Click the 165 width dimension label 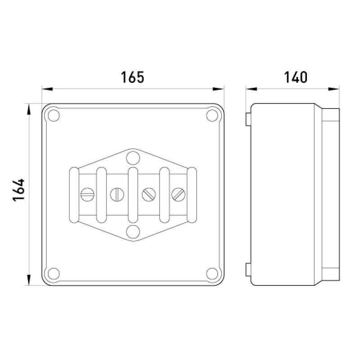tap(133, 77)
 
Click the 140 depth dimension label tap(296, 77)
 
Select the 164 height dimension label tap(18, 190)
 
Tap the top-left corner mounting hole tap(54, 116)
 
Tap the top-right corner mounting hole tap(212, 116)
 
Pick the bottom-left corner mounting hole tap(54, 274)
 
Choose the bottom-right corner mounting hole tap(212, 274)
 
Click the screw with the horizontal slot tap(87, 194)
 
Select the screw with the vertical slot tap(117, 194)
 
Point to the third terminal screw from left tap(149, 194)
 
